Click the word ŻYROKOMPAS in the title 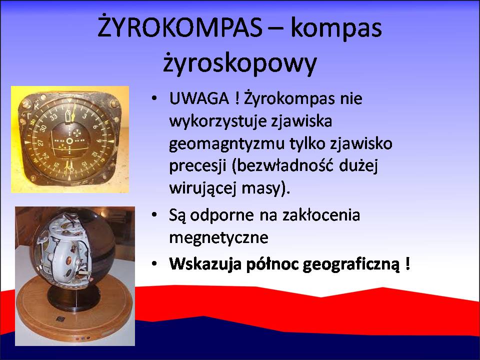pyautogui.click(x=179, y=27)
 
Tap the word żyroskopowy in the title pyautogui.click(x=239, y=63)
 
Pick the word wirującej pyautogui.click(x=202, y=188)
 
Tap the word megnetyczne pyautogui.click(x=218, y=237)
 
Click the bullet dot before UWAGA pyautogui.click(x=154, y=99)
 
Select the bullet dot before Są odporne pyautogui.click(x=154, y=215)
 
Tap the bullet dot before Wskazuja pyautogui.click(x=154, y=264)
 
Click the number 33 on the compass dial pyautogui.click(x=54, y=116)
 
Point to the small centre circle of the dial pyautogui.click(x=70, y=140)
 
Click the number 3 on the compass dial pyautogui.click(x=84, y=116)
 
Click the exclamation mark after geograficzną pyautogui.click(x=407, y=263)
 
